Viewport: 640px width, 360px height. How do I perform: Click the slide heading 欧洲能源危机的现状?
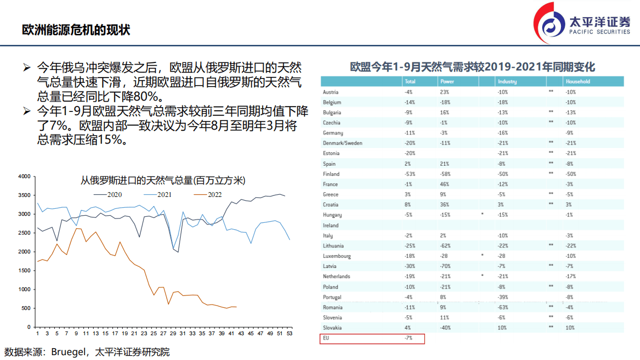tap(76, 29)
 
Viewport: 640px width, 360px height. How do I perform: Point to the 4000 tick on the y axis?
tap(24, 177)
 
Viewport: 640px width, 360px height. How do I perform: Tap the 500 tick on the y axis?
tap(26, 308)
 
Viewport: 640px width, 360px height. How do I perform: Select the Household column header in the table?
tap(577, 82)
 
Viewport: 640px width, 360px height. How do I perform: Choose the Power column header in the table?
tap(447, 82)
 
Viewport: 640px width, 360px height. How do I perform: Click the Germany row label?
tap(333, 133)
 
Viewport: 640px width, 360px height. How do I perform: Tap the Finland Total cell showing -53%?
tap(409, 174)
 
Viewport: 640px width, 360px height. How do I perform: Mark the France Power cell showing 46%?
tap(445, 184)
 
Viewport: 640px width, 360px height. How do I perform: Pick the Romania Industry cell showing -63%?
tap(503, 307)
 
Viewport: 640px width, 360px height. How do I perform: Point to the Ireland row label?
tap(331, 225)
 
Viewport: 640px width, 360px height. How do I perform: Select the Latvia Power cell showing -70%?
tap(446, 266)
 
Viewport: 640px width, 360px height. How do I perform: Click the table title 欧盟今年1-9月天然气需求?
tap(472, 67)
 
